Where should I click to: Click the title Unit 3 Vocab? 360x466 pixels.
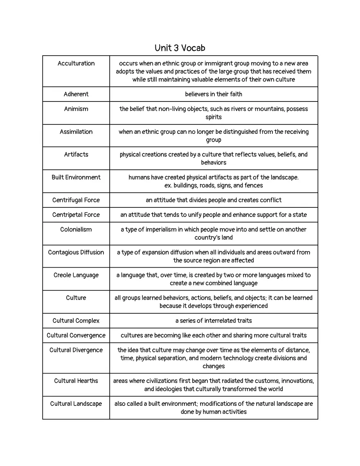(x=180, y=48)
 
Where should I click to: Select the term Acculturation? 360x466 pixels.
(x=76, y=63)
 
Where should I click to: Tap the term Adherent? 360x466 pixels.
(x=76, y=94)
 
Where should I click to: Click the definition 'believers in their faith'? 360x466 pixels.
(x=214, y=94)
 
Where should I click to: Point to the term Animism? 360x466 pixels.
(x=76, y=109)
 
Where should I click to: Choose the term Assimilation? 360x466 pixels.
(x=76, y=132)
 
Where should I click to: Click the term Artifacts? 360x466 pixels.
(x=76, y=154)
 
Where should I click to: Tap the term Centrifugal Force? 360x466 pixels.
(x=76, y=200)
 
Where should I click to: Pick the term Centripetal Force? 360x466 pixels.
(x=76, y=215)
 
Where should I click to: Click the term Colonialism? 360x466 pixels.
(x=76, y=230)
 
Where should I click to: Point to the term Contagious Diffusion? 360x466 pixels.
(x=76, y=252)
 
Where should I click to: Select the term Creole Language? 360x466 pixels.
(x=76, y=275)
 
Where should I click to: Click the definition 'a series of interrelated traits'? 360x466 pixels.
(x=214, y=321)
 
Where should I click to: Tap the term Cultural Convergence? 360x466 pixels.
(x=76, y=335)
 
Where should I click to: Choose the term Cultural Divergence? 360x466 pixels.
(x=76, y=350)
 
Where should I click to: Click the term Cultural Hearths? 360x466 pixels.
(x=76, y=381)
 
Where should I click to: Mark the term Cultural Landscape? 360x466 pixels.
(x=76, y=404)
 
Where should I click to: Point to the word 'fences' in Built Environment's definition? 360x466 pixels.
(x=254, y=185)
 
